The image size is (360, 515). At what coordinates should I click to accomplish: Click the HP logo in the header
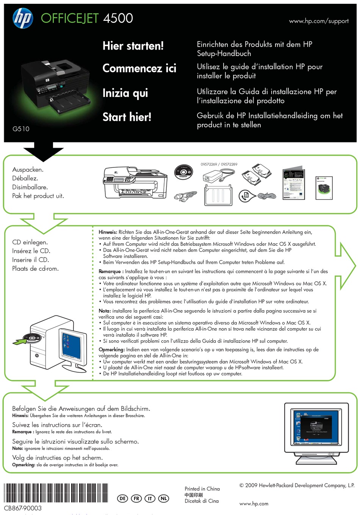[23, 19]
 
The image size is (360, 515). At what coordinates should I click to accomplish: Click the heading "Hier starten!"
[133, 46]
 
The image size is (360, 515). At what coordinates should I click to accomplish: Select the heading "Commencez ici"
[139, 69]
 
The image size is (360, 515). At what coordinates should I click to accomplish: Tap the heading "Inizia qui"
[125, 93]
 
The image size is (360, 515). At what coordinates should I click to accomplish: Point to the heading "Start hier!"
[127, 117]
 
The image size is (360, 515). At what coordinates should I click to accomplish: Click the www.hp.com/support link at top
[319, 21]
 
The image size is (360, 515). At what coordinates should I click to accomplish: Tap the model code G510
[21, 129]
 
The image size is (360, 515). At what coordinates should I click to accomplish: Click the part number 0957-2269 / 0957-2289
[219, 164]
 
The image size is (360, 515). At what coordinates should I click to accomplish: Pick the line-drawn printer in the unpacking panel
[135, 183]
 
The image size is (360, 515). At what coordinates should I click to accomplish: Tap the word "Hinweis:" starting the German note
[108, 232]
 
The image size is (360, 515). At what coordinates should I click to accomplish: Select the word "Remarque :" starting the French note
[110, 272]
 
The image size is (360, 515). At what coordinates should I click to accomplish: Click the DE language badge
[122, 498]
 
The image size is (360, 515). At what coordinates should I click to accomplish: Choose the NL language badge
[163, 498]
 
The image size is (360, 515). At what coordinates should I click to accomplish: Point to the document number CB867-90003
[23, 508]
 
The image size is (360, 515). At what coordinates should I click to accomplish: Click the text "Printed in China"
[202, 489]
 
